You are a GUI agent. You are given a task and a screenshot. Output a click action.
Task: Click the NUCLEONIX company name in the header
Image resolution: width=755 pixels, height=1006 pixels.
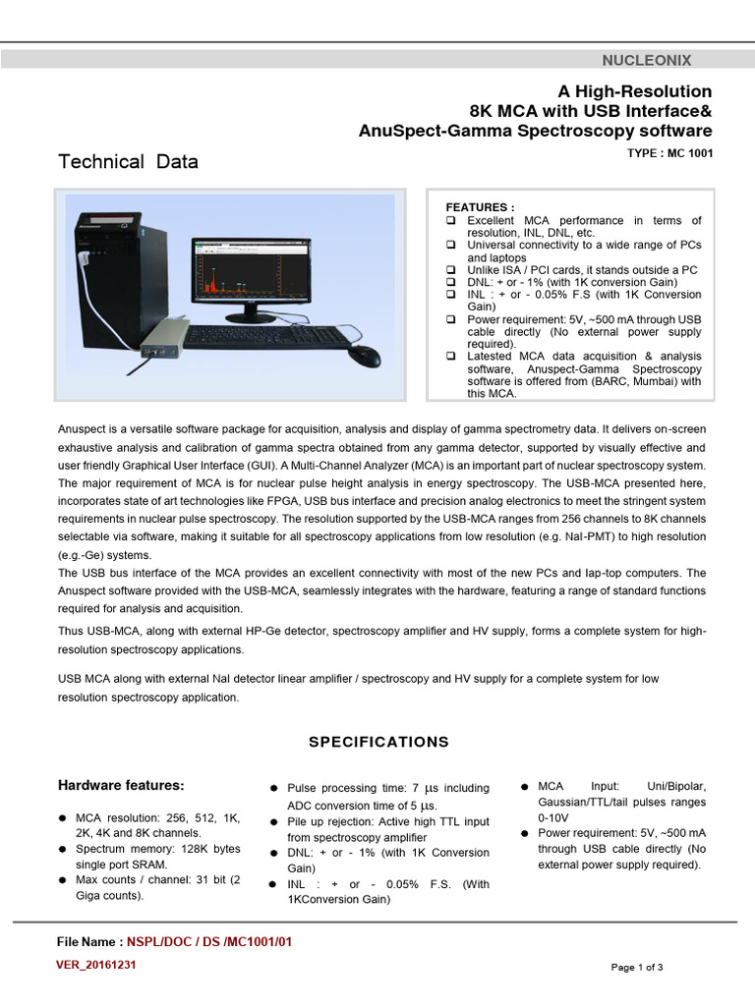(653, 60)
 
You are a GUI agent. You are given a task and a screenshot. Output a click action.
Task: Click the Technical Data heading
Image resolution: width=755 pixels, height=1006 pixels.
(128, 162)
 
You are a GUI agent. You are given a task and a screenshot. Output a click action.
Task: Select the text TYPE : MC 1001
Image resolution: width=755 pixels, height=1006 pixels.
(669, 153)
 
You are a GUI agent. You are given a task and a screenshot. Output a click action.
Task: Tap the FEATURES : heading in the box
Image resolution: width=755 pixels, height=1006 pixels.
(480, 207)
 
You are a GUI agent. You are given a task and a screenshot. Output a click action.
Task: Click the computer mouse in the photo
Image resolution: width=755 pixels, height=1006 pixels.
(364, 355)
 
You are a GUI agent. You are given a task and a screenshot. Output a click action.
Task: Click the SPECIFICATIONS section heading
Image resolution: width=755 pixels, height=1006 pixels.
(378, 742)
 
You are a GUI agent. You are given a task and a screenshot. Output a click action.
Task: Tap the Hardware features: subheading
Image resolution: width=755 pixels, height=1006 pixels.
(121, 785)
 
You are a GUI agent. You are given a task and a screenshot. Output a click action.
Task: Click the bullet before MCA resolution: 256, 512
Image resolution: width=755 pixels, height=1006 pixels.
(63, 817)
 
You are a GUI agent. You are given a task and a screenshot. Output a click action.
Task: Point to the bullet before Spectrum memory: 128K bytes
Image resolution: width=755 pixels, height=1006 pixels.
(63, 849)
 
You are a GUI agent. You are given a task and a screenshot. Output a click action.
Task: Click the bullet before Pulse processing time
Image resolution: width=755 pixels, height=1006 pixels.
(273, 789)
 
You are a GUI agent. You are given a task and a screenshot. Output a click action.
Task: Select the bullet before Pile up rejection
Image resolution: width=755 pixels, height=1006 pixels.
(273, 821)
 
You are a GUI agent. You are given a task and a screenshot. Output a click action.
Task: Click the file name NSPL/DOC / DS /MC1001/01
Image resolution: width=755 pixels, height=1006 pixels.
(210, 942)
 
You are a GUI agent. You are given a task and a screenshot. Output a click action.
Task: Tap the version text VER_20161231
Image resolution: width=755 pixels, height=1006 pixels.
(96, 965)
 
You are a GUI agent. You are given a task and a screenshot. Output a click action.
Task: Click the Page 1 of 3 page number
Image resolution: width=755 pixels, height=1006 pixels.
(637, 967)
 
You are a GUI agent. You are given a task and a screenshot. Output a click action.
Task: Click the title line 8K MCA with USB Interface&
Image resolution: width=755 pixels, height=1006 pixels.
(590, 110)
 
